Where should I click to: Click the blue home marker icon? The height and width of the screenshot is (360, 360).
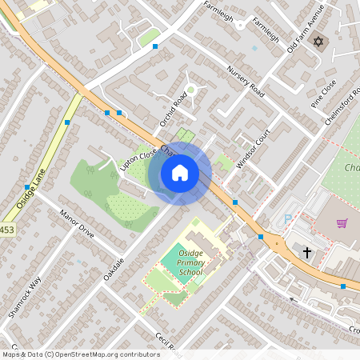pyautogui.click(x=180, y=172)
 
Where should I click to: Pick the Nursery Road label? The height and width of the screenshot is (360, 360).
pyautogui.click(x=245, y=79)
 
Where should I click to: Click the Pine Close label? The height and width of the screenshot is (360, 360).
pyautogui.click(x=322, y=94)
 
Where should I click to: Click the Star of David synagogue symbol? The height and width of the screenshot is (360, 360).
pyautogui.click(x=320, y=40)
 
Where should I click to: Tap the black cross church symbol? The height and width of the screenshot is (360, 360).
pyautogui.click(x=306, y=252)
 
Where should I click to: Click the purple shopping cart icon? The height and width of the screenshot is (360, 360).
pyautogui.click(x=342, y=223)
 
